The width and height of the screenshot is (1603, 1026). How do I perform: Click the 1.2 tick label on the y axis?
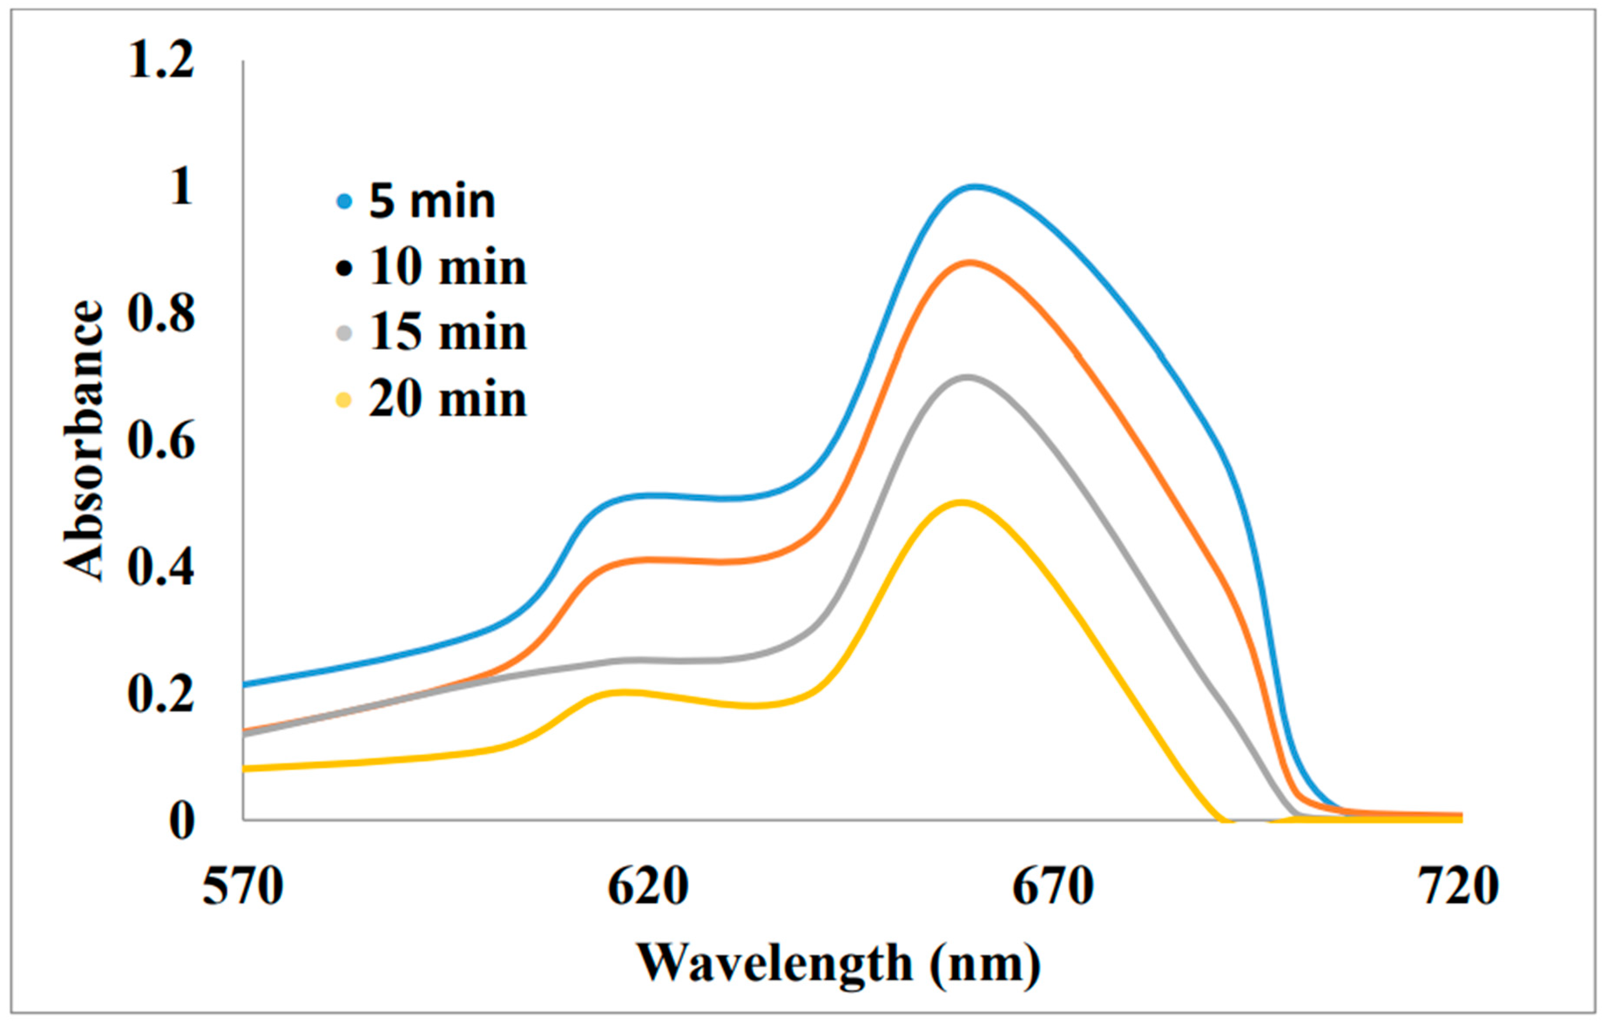click(161, 60)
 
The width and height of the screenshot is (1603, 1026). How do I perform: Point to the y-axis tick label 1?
click(181, 187)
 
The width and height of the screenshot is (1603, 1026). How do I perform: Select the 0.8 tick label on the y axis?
click(161, 314)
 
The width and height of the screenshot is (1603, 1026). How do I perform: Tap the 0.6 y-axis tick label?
click(161, 441)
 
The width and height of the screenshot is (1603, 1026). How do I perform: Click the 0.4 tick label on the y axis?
click(161, 568)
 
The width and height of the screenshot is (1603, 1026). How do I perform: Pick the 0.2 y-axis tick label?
click(161, 694)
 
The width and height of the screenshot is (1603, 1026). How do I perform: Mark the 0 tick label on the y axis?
click(181, 821)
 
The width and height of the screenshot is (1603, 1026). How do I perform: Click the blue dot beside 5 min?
click(344, 200)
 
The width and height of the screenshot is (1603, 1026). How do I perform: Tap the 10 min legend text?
click(448, 267)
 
